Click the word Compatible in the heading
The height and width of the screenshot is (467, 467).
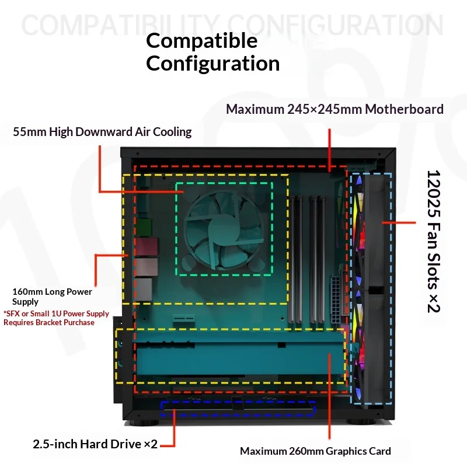[x=201, y=41]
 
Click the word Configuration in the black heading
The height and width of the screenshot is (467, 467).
[x=213, y=64]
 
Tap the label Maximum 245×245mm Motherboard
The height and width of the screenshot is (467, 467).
[x=334, y=109]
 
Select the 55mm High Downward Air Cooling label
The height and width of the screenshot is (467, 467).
[x=102, y=132]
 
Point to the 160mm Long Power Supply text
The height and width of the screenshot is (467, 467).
[x=52, y=297]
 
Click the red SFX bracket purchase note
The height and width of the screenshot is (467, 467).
[x=56, y=318]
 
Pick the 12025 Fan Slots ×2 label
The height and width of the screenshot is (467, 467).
[x=433, y=241]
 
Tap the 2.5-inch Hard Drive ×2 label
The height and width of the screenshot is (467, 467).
[x=95, y=444]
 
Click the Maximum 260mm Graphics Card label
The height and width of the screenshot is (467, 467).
[x=315, y=451]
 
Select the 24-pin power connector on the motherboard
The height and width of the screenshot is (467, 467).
[x=335, y=300]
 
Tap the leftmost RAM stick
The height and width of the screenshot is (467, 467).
[x=291, y=259]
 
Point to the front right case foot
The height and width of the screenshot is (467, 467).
[x=361, y=422]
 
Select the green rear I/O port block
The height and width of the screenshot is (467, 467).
[x=144, y=226]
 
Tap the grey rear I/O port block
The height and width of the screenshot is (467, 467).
[x=144, y=289]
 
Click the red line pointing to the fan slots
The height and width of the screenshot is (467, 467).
[x=399, y=222]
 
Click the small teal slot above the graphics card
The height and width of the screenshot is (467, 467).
[x=184, y=318]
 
